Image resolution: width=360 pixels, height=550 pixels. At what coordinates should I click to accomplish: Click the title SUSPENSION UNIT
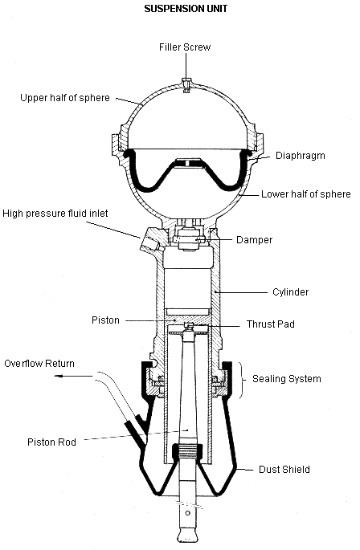(x=186, y=9)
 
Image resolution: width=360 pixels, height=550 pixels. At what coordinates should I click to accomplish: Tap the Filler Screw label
(x=185, y=47)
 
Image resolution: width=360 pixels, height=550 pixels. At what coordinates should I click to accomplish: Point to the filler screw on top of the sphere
(x=187, y=84)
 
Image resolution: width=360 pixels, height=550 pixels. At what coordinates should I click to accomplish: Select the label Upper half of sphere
(x=65, y=98)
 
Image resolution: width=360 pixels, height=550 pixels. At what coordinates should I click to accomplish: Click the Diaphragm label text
(x=301, y=156)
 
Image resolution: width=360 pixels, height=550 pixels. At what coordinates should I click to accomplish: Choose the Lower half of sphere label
(x=306, y=194)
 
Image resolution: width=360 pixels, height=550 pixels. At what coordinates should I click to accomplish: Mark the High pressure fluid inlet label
(x=55, y=214)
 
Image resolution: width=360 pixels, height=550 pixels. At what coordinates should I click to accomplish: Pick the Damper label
(x=254, y=240)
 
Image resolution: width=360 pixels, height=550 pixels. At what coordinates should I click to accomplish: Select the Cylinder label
(x=290, y=292)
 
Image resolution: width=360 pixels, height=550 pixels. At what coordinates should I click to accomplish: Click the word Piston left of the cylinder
(x=105, y=320)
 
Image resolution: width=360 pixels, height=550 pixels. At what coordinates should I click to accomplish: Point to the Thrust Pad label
(x=271, y=324)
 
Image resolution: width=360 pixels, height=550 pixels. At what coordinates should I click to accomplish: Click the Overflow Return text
(x=39, y=364)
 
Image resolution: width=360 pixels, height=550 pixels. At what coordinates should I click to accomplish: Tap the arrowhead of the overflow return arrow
(x=59, y=377)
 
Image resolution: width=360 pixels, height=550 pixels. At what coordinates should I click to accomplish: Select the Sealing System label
(x=287, y=379)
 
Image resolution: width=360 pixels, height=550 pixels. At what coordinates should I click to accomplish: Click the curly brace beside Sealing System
(x=242, y=381)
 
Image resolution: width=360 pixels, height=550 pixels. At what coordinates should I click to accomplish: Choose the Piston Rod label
(x=51, y=442)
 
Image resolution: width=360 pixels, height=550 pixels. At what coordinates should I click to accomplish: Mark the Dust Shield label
(x=284, y=470)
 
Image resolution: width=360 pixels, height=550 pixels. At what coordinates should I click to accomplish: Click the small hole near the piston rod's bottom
(x=187, y=514)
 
